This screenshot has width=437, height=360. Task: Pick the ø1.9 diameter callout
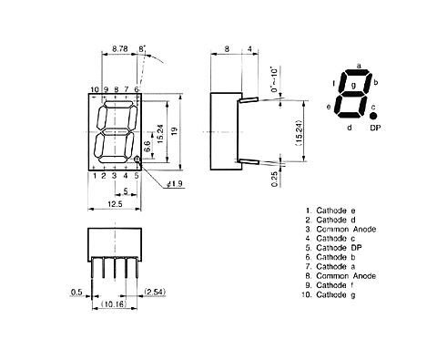(176, 185)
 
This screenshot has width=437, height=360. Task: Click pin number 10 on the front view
(94, 88)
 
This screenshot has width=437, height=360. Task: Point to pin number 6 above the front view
(137, 88)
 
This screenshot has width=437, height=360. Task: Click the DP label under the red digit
(375, 129)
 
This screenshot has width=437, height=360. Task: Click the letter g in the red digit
(353, 85)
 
